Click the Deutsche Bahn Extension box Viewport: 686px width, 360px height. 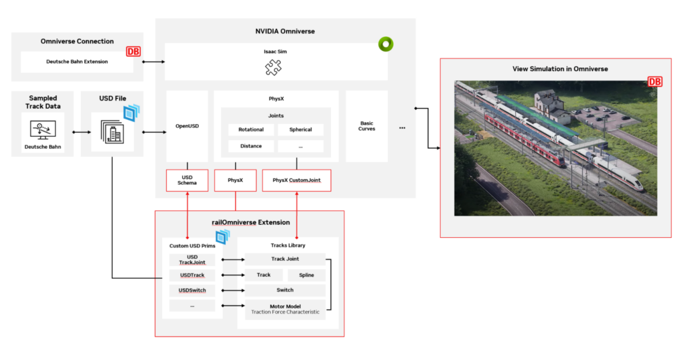[77, 62]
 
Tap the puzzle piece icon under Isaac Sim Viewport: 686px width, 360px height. [273, 68]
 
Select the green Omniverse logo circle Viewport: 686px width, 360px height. [385, 44]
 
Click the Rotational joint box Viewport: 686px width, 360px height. [251, 129]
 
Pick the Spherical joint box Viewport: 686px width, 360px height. [301, 129]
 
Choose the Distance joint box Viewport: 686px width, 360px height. [251, 145]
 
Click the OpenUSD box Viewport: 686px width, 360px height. [187, 126]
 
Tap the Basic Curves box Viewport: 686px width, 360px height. [366, 126]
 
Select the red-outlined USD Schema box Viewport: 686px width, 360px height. [187, 180]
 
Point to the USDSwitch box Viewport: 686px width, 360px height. [192, 290]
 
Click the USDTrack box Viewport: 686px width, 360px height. [192, 275]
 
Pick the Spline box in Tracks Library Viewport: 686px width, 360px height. [306, 275]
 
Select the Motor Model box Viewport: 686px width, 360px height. [285, 309]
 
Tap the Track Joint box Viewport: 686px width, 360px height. [285, 259]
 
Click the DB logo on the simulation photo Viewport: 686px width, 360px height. [654, 82]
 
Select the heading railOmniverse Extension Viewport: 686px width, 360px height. [249, 222]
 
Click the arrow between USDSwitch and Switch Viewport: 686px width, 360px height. [232, 290]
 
